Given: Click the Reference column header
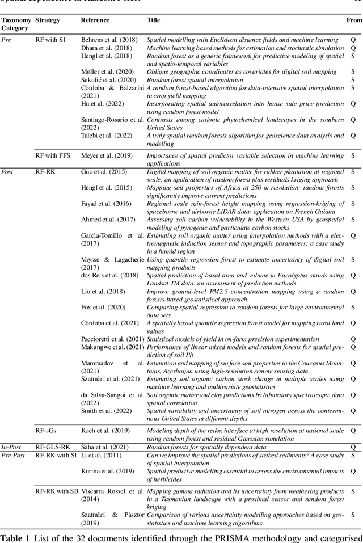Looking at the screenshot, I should click(95, 20).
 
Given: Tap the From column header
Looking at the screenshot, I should click(354, 20).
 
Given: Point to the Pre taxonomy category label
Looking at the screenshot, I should click(6, 40).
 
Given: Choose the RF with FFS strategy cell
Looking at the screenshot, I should click(53, 155).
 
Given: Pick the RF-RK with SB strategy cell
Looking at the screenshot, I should click(57, 490).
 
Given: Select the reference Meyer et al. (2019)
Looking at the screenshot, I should click(105, 155).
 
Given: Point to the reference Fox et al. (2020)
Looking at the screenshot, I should click(102, 307).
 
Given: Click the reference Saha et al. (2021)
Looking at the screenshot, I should click(103, 447).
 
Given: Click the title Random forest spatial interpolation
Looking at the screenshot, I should click(195, 81).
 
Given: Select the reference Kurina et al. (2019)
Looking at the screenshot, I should click(104, 471).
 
